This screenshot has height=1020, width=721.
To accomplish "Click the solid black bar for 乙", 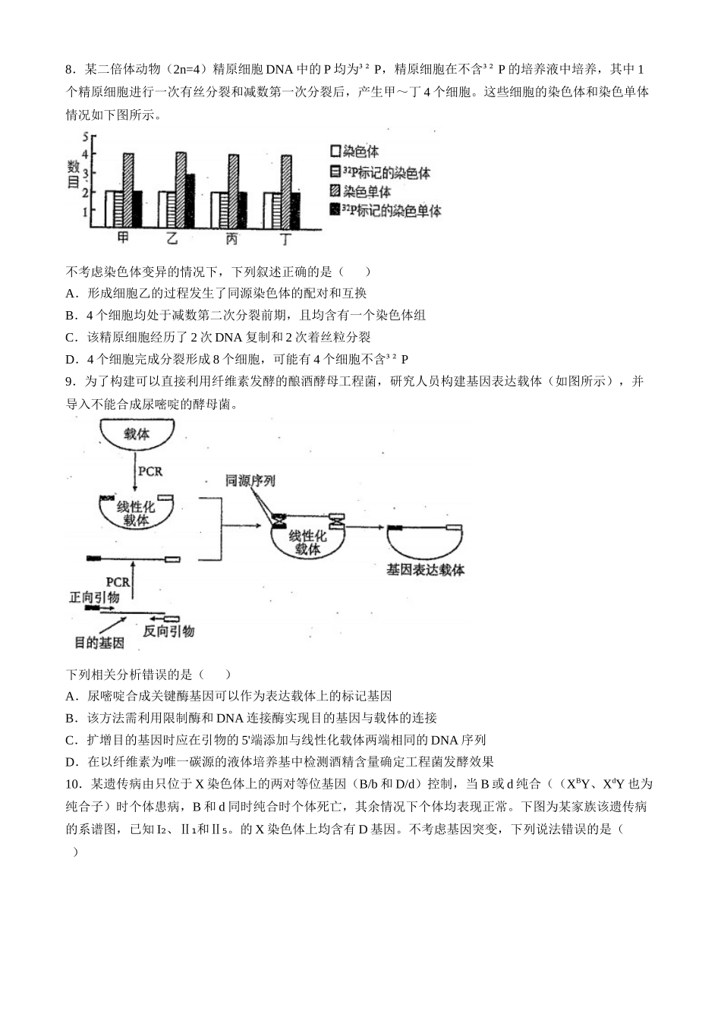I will tap(190, 202).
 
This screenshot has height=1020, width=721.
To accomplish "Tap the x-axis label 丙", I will tap(232, 239).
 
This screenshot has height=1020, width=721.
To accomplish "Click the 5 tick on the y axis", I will tap(87, 137).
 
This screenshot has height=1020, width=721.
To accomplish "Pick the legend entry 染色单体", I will tap(360, 191).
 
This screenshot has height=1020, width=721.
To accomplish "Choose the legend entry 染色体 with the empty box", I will tap(354, 152).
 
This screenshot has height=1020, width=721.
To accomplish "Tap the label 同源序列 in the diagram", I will tap(250, 480).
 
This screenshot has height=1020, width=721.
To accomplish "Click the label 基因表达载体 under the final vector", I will tap(425, 569).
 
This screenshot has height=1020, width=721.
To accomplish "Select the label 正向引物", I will tap(94, 598).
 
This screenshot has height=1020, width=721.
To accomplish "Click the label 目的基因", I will tap(99, 644).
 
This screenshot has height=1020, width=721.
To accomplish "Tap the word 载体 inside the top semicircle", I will tap(137, 435).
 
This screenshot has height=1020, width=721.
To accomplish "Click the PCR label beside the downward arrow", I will tap(150, 471).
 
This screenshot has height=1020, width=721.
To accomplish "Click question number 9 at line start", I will tap(71, 382).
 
